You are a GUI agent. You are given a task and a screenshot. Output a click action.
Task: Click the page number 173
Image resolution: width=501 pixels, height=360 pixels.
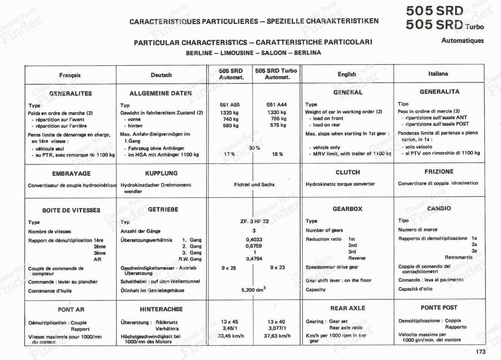[480, 352]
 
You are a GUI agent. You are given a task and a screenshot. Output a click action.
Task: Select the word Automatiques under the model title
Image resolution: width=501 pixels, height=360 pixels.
[462, 40]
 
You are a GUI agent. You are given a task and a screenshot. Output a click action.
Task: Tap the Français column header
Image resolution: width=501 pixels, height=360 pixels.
[70, 75]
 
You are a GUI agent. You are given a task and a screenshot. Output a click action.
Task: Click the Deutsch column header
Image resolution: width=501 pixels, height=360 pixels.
[161, 75]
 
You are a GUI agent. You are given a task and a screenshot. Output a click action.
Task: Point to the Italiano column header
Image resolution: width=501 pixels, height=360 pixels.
[438, 74]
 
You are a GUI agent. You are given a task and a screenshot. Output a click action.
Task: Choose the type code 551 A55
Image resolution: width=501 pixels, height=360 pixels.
[229, 105]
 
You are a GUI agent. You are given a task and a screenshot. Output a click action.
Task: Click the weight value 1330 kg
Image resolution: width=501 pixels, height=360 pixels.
[277, 112]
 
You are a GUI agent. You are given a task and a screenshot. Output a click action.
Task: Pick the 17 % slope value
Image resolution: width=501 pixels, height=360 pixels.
[229, 154]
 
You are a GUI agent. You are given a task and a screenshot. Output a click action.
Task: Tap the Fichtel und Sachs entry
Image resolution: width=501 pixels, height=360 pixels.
[254, 185]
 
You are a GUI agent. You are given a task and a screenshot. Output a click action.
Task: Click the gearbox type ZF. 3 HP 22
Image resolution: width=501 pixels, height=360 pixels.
[254, 221]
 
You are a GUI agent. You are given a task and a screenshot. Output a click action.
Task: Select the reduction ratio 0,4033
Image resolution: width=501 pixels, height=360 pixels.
[254, 240]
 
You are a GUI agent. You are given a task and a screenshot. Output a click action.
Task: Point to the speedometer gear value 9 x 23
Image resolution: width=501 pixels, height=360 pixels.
[277, 267]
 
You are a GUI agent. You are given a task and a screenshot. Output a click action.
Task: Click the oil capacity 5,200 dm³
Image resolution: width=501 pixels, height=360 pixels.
[253, 289]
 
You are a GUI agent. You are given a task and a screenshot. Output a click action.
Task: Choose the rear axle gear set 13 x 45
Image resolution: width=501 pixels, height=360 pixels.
[229, 322]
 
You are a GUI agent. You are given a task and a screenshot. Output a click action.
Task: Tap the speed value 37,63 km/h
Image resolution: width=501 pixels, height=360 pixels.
[277, 336]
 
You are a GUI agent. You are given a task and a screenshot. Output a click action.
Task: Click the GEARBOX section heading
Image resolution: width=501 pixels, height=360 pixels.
[347, 209]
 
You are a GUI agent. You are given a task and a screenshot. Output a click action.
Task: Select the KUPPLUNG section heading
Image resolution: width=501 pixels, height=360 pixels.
[161, 173]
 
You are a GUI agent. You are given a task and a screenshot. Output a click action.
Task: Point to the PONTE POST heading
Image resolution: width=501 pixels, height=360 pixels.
[439, 308]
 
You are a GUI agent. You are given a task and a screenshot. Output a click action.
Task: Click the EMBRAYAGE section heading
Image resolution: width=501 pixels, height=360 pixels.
[71, 173]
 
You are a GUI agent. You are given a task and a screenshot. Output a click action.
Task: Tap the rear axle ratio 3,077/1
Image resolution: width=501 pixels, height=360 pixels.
[277, 328]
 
